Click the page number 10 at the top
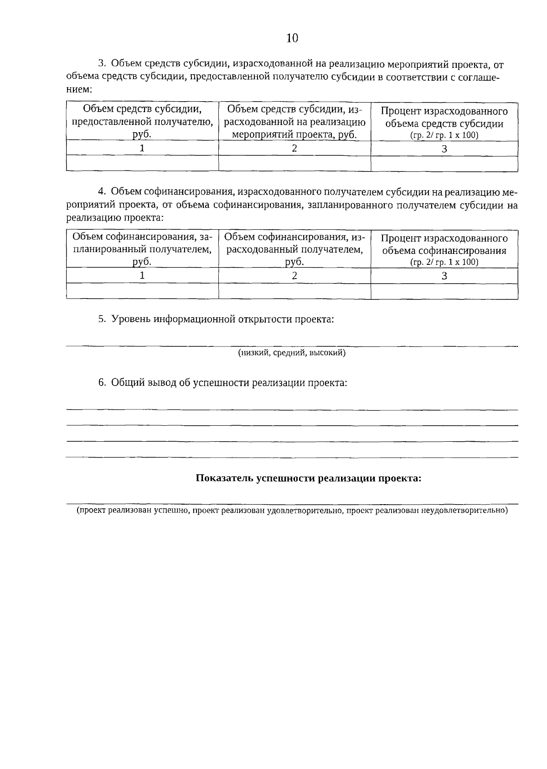(x=292, y=38)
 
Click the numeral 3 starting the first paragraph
(x=102, y=64)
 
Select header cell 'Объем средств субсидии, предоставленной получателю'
(x=142, y=121)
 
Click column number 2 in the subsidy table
(x=294, y=148)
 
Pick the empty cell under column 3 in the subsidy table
(x=444, y=164)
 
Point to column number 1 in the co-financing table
(x=142, y=275)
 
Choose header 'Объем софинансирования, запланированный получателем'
(x=142, y=249)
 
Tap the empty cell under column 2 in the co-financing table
(x=294, y=291)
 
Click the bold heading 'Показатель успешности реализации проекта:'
(x=308, y=478)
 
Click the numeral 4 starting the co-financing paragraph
(x=102, y=191)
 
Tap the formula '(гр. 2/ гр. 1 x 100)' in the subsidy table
(x=444, y=135)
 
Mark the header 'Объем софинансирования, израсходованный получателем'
(x=294, y=249)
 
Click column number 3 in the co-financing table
(x=444, y=275)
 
